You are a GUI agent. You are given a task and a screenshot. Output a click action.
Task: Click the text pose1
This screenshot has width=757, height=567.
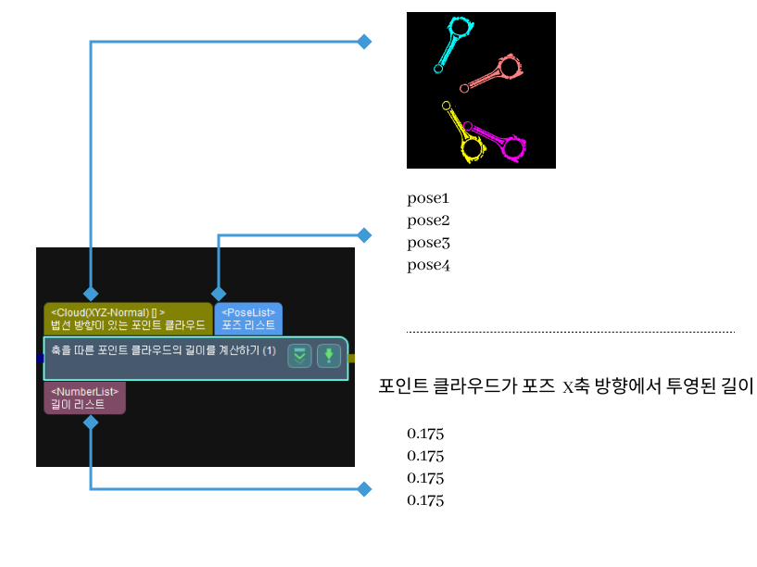pyautogui.click(x=428, y=198)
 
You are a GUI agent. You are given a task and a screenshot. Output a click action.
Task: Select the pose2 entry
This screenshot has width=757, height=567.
pyautogui.click(x=428, y=220)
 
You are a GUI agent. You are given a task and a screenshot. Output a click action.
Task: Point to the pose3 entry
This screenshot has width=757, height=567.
pyautogui.click(x=428, y=243)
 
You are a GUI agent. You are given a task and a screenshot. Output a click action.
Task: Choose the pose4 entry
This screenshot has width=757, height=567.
pyautogui.click(x=428, y=265)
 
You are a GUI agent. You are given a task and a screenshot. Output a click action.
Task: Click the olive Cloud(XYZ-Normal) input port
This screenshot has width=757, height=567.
pyautogui.click(x=128, y=319)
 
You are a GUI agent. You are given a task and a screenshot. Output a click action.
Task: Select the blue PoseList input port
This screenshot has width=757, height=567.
pyautogui.click(x=248, y=319)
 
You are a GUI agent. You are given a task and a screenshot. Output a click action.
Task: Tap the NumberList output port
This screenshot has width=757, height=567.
pyautogui.click(x=84, y=397)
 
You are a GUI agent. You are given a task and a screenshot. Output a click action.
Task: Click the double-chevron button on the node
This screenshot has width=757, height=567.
pyautogui.click(x=298, y=355)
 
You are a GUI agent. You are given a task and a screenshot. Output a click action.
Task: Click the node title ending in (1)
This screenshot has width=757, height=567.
pyautogui.click(x=165, y=351)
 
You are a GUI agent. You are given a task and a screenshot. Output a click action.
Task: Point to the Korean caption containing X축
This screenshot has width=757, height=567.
pyautogui.click(x=566, y=387)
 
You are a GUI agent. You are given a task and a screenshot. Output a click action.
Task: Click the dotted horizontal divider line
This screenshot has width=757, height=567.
pyautogui.click(x=570, y=332)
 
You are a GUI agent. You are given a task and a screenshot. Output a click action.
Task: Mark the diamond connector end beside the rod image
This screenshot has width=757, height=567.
pyautogui.click(x=364, y=42)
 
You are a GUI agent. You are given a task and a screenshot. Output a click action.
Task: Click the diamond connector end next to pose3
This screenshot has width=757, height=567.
pyautogui.click(x=364, y=235)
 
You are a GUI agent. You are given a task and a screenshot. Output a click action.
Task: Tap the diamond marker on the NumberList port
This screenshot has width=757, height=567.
pyautogui.click(x=91, y=422)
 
